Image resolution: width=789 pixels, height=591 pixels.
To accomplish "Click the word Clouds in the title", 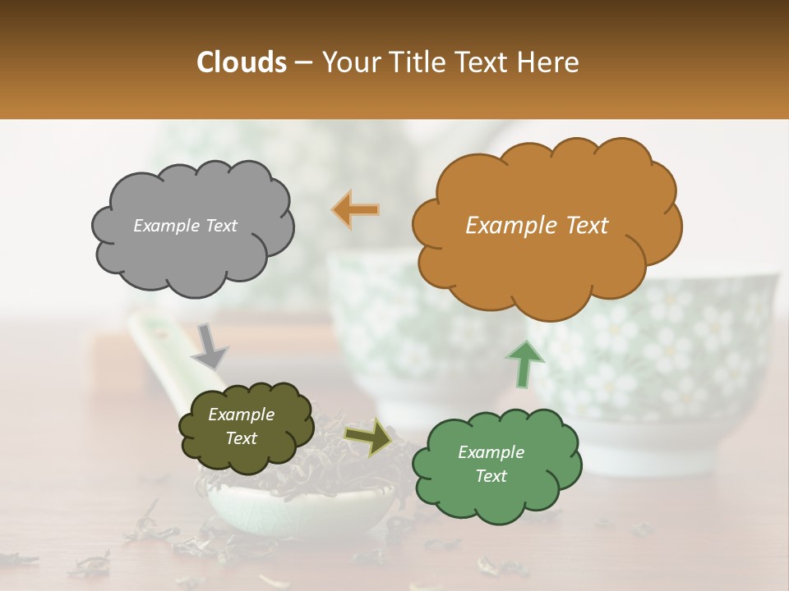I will click(x=242, y=62).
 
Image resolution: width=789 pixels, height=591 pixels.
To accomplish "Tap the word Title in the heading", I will click(x=418, y=62).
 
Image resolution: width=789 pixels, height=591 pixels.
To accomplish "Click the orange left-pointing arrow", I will click(x=356, y=210).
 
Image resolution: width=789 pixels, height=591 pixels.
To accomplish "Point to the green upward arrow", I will click(x=525, y=364).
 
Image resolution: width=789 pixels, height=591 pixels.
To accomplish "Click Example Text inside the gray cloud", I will click(x=185, y=226).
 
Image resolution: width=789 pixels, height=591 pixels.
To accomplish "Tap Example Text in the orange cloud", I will click(x=537, y=226).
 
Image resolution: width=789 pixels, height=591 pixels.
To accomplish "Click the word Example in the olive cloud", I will click(x=241, y=415).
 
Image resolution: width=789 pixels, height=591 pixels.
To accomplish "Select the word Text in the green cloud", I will click(x=491, y=476).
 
